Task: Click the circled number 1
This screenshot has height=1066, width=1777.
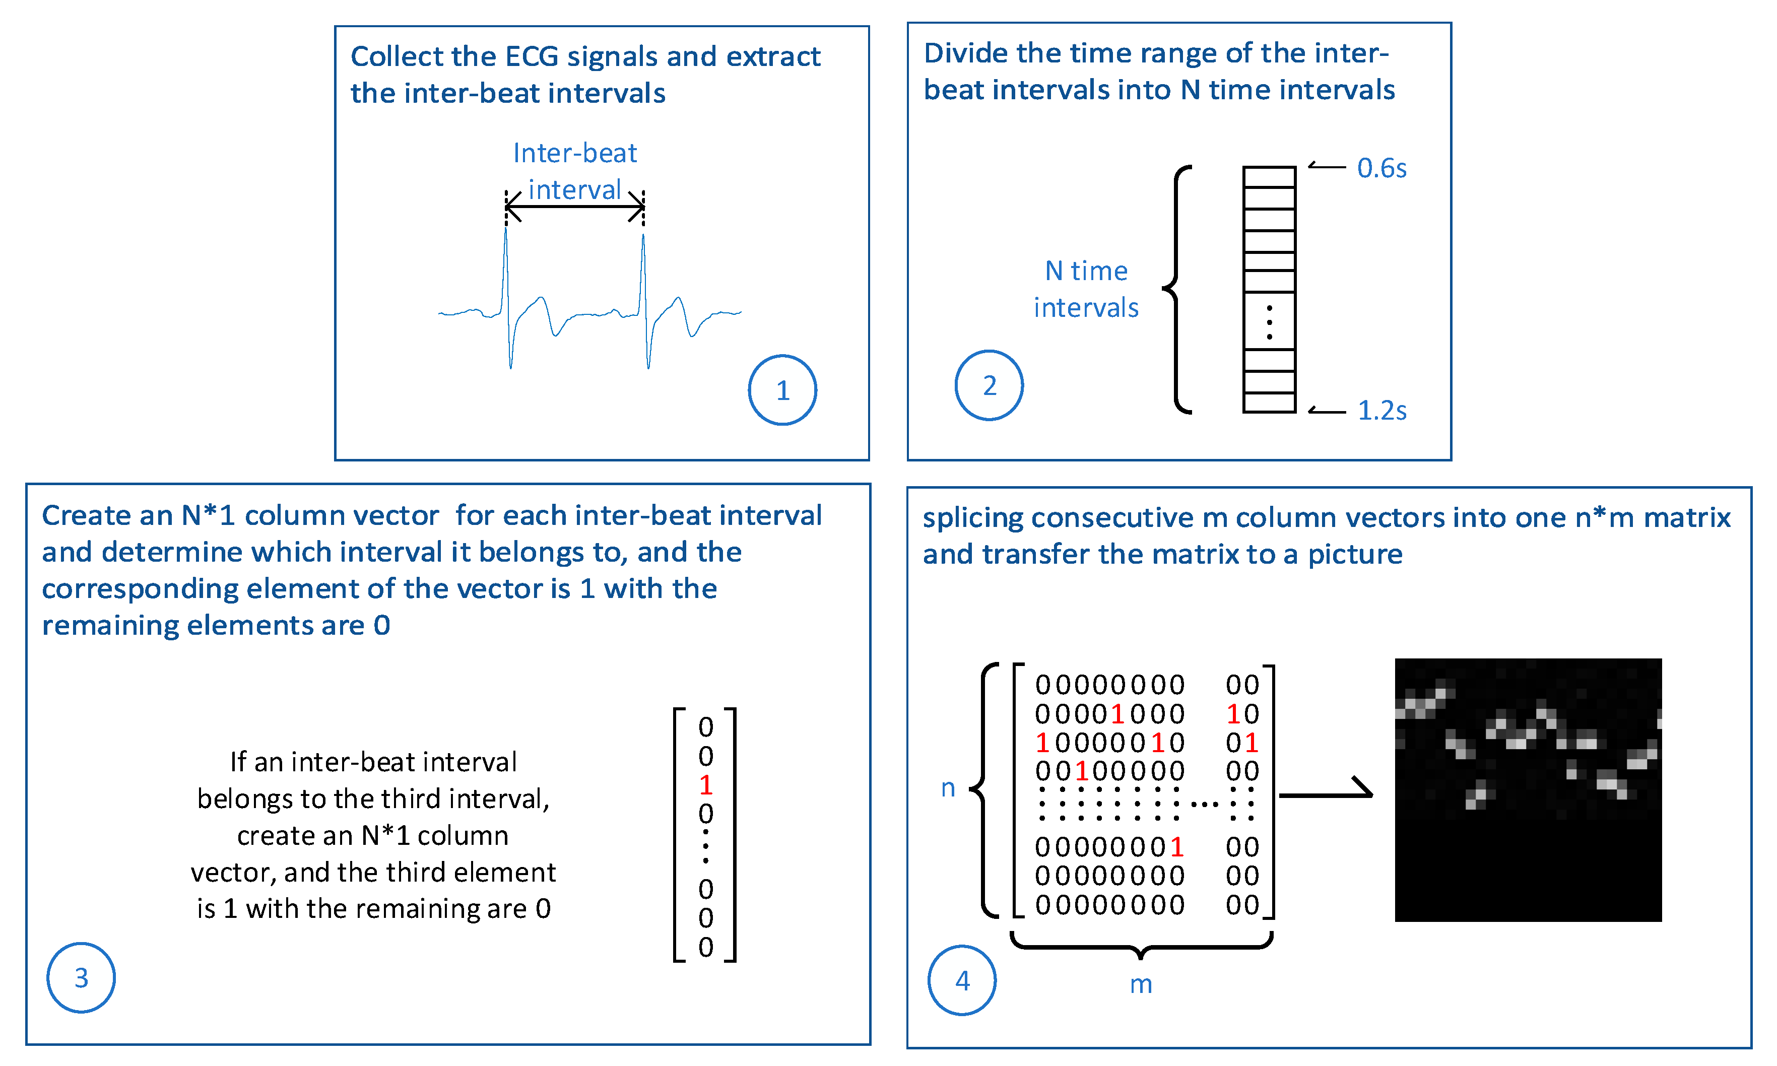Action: coord(782,390)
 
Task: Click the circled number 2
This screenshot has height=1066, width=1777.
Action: coord(989,386)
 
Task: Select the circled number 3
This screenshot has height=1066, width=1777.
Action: coord(81,978)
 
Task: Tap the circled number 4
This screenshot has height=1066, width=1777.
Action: coord(962,980)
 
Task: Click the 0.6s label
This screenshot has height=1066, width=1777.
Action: coord(1380,168)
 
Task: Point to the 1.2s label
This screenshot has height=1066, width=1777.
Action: coord(1381,410)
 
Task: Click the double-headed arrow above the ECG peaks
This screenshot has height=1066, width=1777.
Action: coord(575,207)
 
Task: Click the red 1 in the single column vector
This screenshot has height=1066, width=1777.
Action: coord(705,785)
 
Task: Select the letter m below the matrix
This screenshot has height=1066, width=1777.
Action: coord(1141,983)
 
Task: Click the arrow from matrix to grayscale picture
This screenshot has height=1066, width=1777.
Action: coord(1325,794)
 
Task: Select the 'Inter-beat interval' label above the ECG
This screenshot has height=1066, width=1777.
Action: coord(575,171)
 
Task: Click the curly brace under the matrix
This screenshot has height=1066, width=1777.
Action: coord(1141,946)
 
